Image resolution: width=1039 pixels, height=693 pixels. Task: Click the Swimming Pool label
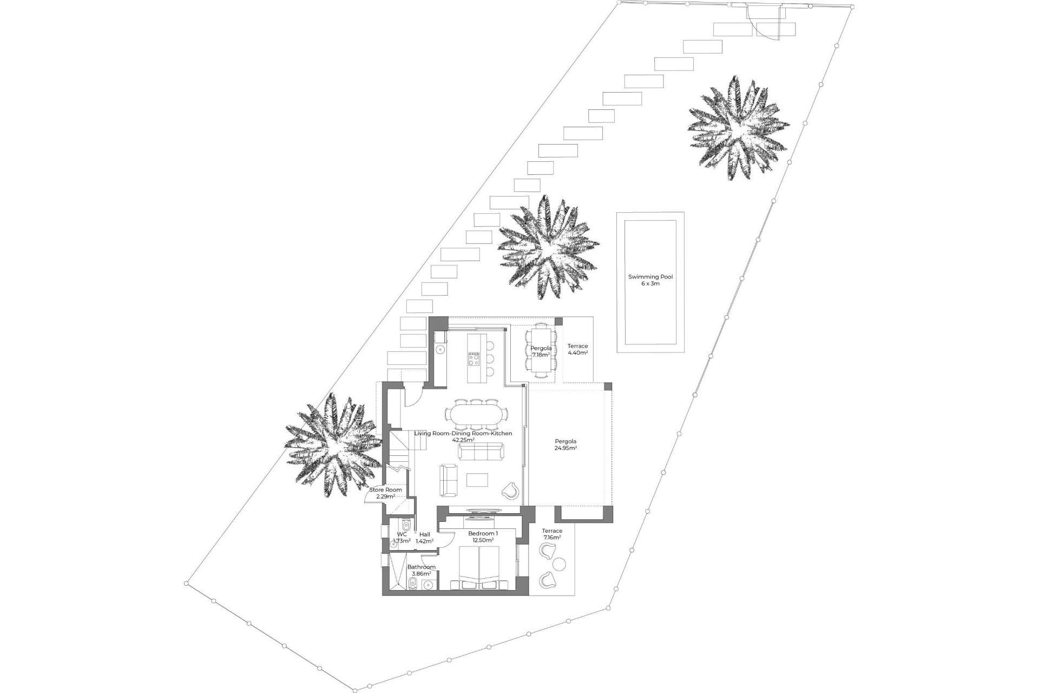click(650, 280)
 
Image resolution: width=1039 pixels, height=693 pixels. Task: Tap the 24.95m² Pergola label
click(565, 444)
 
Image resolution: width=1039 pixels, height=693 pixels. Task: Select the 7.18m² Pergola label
click(541, 351)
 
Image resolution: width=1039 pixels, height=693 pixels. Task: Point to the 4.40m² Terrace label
click(577, 349)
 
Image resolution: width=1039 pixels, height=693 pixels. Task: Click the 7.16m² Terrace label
click(552, 534)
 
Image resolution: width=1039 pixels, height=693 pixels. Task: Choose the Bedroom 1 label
click(483, 537)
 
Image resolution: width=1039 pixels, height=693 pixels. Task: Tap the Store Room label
click(385, 493)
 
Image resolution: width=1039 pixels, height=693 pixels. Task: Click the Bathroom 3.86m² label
click(421, 570)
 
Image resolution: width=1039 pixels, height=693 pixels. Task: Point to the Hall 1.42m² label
click(425, 538)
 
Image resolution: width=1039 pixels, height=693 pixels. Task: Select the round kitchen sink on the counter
click(440, 349)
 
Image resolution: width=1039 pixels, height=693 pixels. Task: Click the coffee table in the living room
click(477, 480)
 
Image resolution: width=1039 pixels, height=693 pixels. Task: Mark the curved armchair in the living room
click(511, 491)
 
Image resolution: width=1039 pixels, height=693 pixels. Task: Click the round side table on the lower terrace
click(560, 564)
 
